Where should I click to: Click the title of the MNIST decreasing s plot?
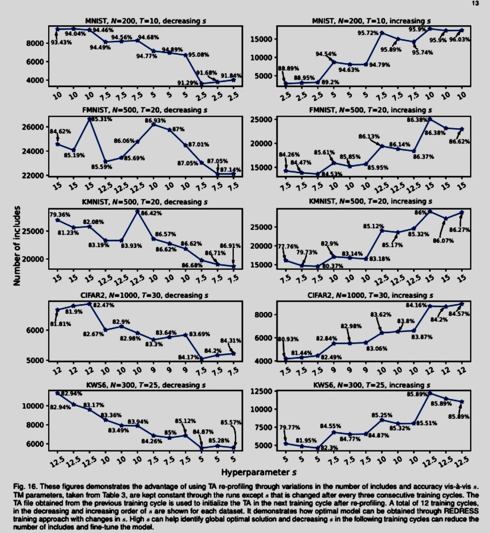tap(145, 20)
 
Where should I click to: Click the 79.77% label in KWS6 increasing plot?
tap(288, 428)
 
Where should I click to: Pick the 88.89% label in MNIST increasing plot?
tap(288, 69)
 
